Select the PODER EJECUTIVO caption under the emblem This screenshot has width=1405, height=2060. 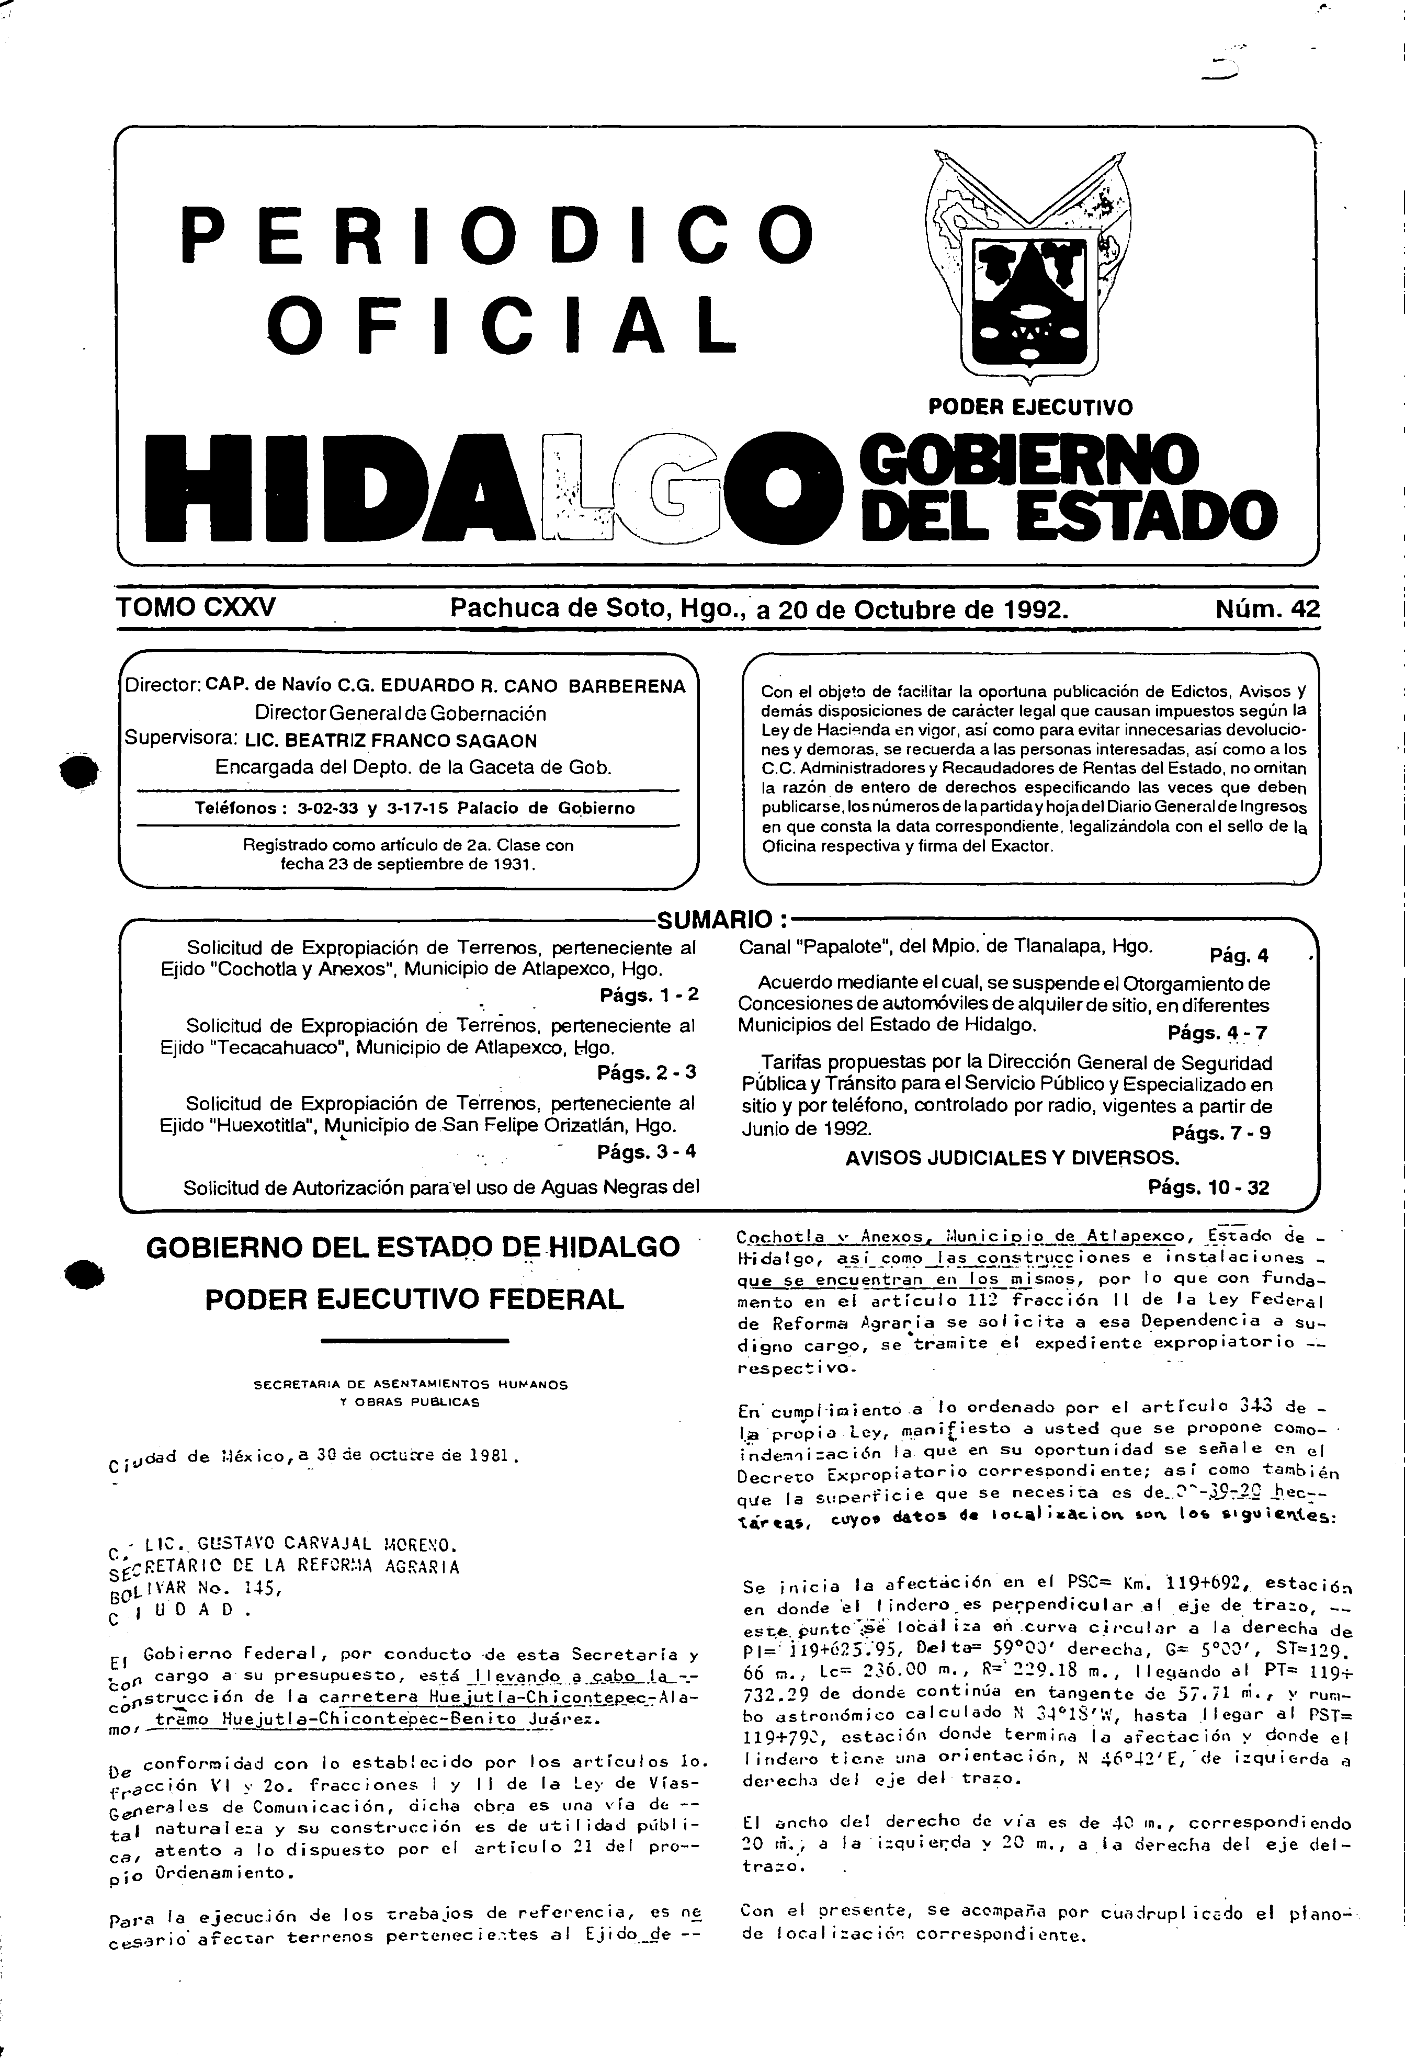point(1030,408)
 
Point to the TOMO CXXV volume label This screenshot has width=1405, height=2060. point(196,607)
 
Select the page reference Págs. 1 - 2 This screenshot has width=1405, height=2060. point(648,994)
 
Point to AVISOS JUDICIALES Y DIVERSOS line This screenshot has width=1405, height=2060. point(1012,1158)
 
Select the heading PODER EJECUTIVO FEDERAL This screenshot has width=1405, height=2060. point(414,1299)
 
